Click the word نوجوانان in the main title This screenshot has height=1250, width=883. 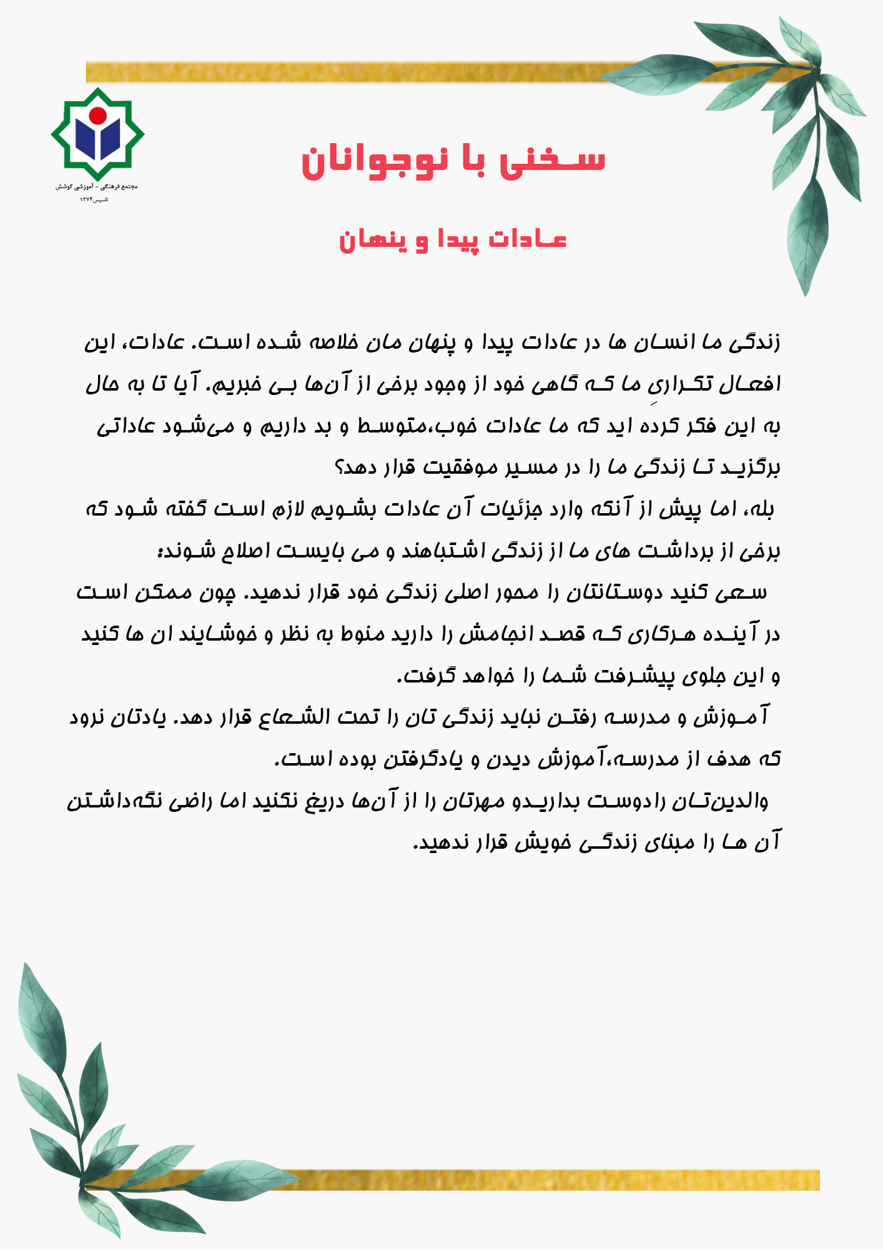[374, 161]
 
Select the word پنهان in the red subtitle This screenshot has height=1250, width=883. [365, 240]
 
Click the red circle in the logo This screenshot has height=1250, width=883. [97, 115]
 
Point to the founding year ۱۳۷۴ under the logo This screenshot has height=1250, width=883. [86, 199]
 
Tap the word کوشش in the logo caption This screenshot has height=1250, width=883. [64, 187]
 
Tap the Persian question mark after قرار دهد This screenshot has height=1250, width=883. [340, 467]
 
